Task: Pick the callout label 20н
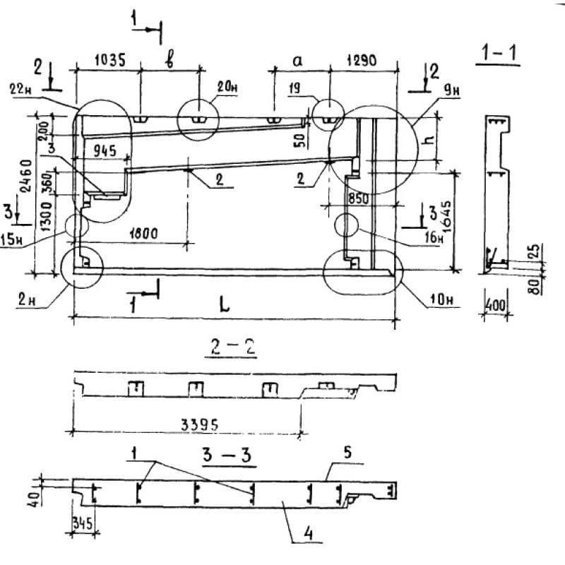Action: coord(228,88)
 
